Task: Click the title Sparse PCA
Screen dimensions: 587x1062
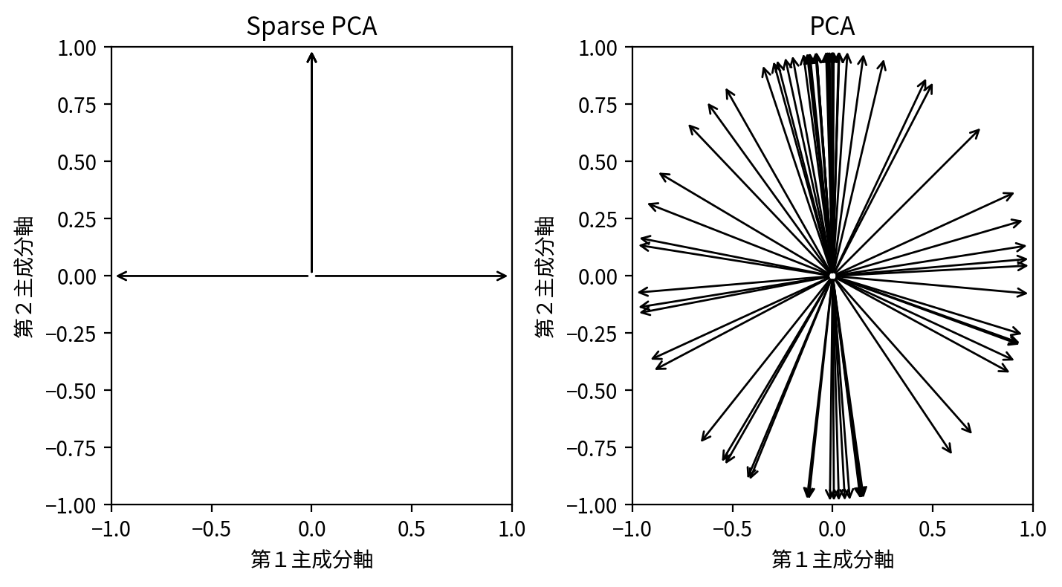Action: (x=311, y=27)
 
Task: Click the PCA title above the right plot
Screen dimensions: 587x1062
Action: (x=832, y=27)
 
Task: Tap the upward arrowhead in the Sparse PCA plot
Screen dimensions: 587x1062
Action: (x=311, y=56)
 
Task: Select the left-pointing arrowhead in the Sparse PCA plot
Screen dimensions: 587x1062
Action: (x=120, y=276)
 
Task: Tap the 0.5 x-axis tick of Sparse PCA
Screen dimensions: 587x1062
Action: (x=412, y=528)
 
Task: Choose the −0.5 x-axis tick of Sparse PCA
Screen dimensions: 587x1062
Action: (x=212, y=528)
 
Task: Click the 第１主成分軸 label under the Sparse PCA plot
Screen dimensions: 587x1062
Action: (x=311, y=560)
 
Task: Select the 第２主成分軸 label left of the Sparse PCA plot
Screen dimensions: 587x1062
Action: (x=24, y=276)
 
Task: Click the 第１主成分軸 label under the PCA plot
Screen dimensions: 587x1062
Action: (x=832, y=560)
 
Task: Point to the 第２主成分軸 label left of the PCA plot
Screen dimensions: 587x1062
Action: (x=545, y=276)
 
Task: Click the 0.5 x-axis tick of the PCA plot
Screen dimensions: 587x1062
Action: (x=932, y=528)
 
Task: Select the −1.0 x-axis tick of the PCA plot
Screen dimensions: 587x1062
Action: (x=632, y=528)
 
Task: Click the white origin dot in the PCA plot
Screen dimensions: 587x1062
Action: (x=832, y=276)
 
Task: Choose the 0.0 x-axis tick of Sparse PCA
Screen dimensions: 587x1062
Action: (x=311, y=528)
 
